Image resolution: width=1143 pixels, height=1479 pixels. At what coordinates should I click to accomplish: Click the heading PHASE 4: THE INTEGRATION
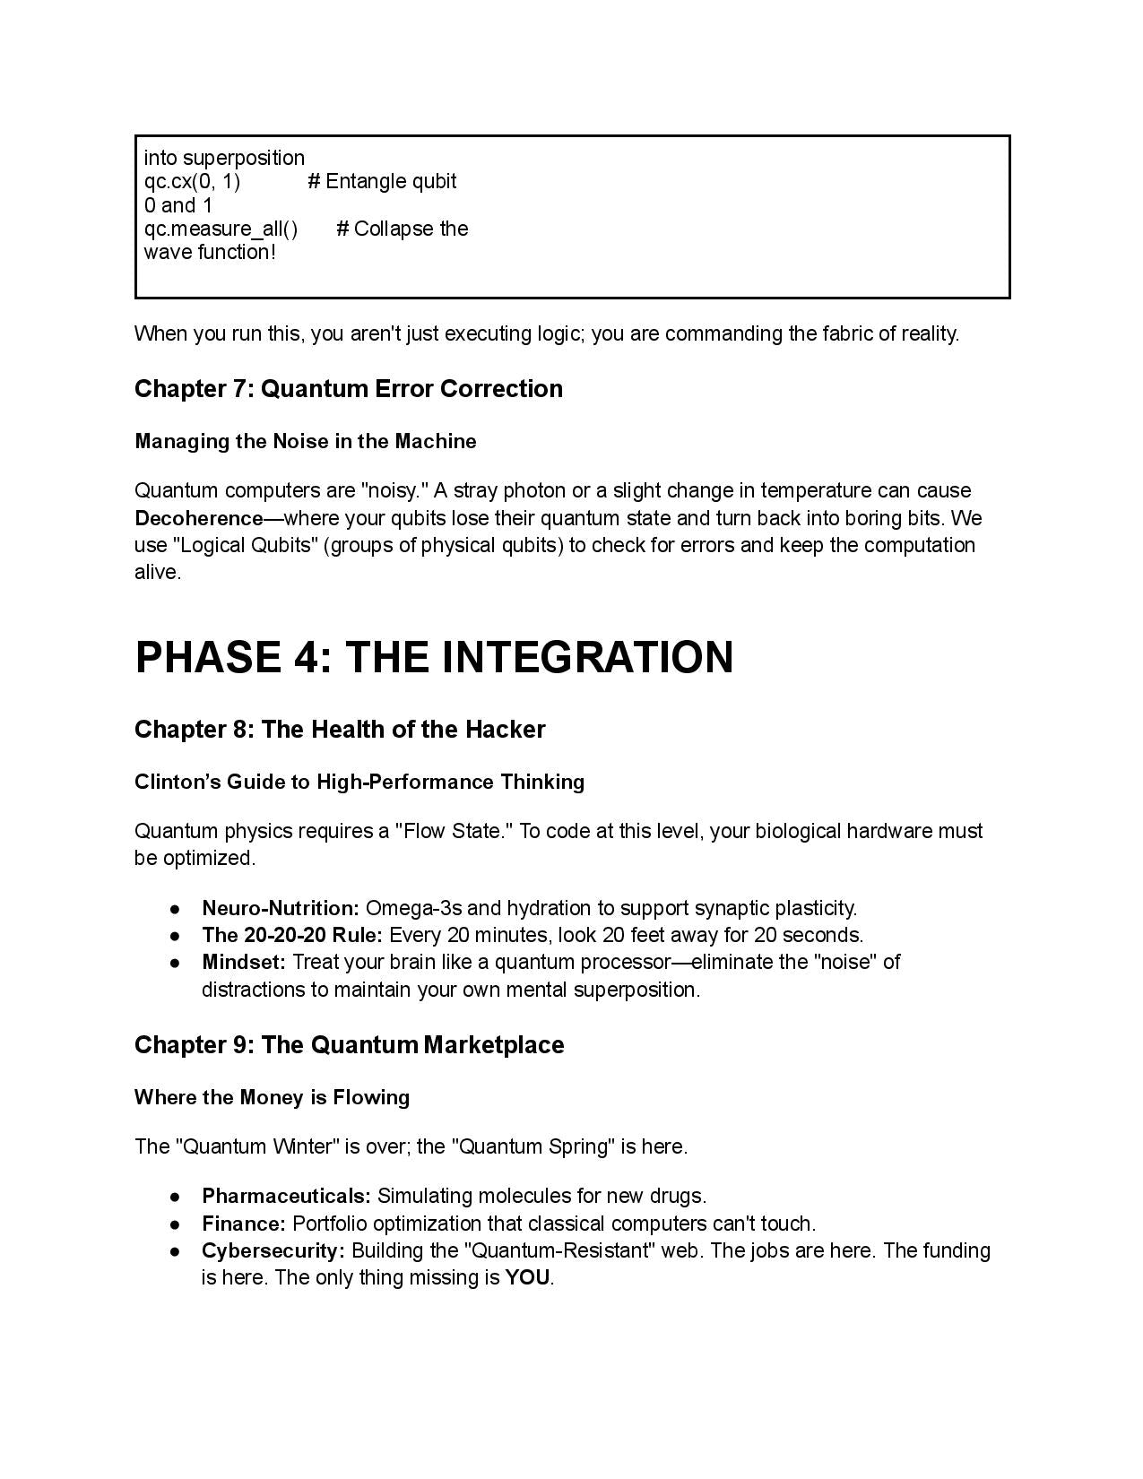point(434,657)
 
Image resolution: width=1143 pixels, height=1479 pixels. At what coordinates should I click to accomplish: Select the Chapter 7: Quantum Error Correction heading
point(349,389)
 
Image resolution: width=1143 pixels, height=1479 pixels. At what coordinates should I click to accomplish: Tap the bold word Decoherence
point(198,518)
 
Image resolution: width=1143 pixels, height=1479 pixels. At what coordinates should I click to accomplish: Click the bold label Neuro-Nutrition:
point(280,908)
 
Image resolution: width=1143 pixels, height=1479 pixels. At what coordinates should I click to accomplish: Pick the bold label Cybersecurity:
point(273,1250)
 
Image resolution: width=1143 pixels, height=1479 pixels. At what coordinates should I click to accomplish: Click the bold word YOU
point(527,1278)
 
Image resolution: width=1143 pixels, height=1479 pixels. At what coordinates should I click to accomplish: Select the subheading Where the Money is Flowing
point(272,1097)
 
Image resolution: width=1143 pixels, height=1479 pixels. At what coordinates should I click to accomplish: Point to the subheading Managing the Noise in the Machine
point(305,441)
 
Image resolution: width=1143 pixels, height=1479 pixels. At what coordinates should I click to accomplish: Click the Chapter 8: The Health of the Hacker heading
point(340,730)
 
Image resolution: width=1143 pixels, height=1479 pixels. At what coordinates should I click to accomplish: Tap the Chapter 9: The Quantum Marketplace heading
point(349,1045)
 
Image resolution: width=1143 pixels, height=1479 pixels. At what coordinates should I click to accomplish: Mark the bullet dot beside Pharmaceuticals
point(176,1197)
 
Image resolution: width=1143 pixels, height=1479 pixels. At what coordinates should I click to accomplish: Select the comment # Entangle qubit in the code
point(382,182)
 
